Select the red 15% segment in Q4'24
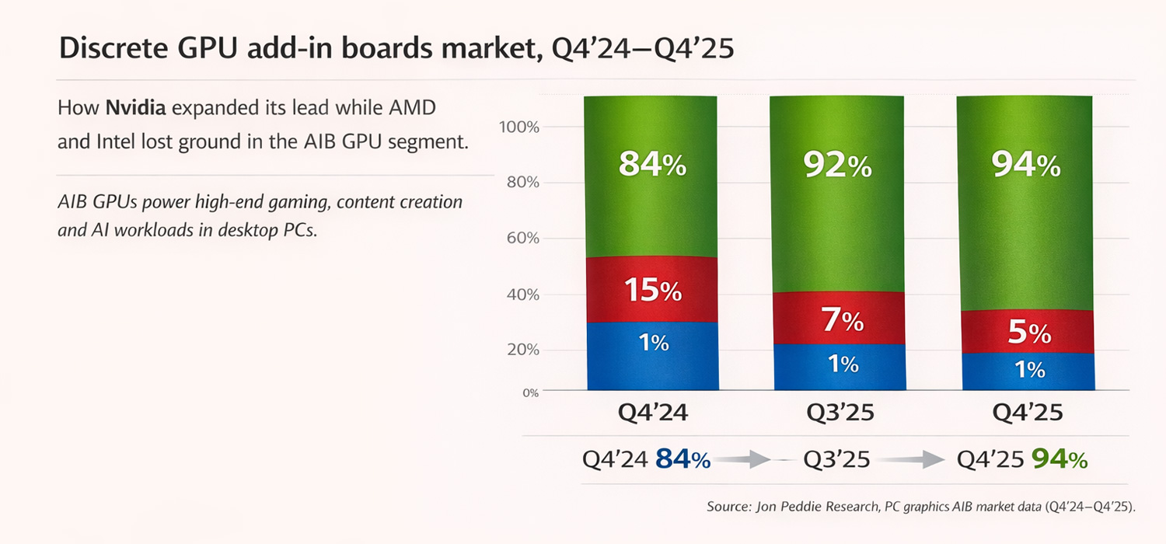651,289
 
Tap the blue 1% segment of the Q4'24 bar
651,356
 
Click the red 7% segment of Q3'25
838,318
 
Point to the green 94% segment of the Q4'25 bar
1025,202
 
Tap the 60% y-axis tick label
523,238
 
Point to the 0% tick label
529,392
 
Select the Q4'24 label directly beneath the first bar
652,413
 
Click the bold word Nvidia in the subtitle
135,108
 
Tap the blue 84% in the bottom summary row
682,460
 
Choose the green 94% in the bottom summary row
1059,460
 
